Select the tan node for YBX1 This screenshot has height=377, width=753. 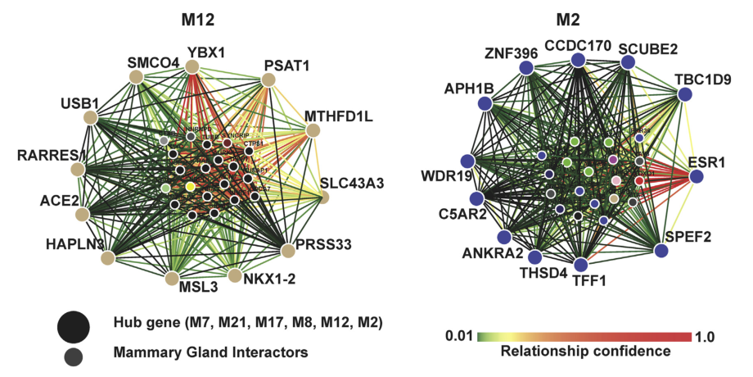[193, 66]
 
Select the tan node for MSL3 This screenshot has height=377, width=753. [171, 279]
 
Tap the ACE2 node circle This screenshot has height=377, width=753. [81, 215]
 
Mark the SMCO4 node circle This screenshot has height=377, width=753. [137, 77]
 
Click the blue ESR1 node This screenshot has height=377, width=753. [697, 175]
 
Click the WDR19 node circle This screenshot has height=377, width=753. [467, 161]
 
